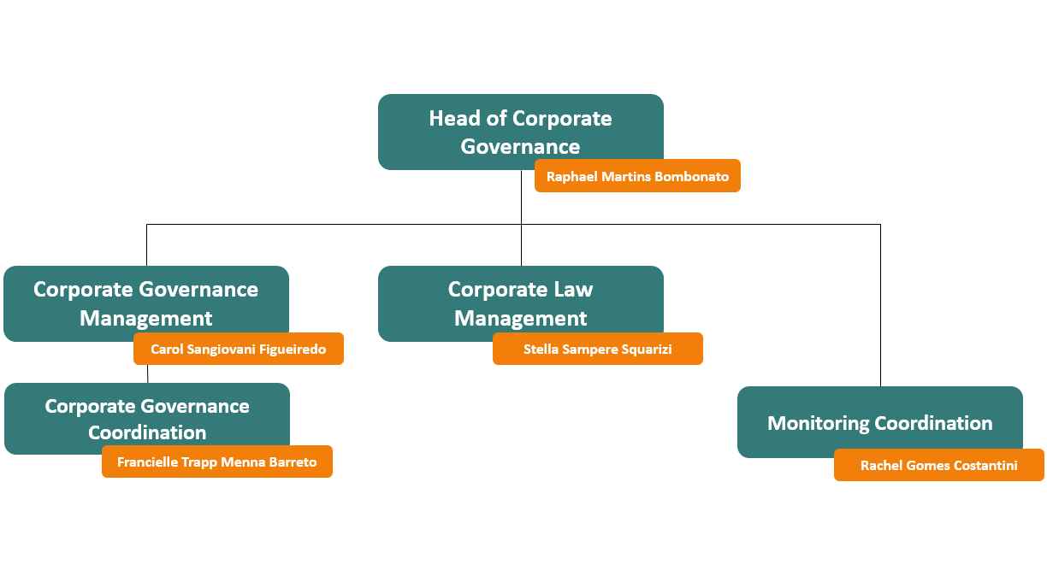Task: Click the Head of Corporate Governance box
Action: pyautogui.click(x=520, y=128)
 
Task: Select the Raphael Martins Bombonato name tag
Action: pyautogui.click(x=637, y=177)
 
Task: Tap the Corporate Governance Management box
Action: pyautogui.click(x=145, y=299)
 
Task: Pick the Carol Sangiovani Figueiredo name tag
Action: pyautogui.click(x=238, y=350)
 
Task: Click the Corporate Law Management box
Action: pyautogui.click(x=520, y=299)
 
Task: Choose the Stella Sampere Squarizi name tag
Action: pyautogui.click(x=597, y=350)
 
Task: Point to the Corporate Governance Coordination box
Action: pyautogui.click(x=147, y=414)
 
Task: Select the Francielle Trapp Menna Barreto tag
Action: pyautogui.click(x=216, y=462)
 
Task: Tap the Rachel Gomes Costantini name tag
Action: pyautogui.click(x=938, y=466)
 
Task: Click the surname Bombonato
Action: pyautogui.click(x=691, y=177)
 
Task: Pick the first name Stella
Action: pyautogui.click(x=541, y=350)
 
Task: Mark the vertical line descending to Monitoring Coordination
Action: pyautogui.click(x=880, y=308)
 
